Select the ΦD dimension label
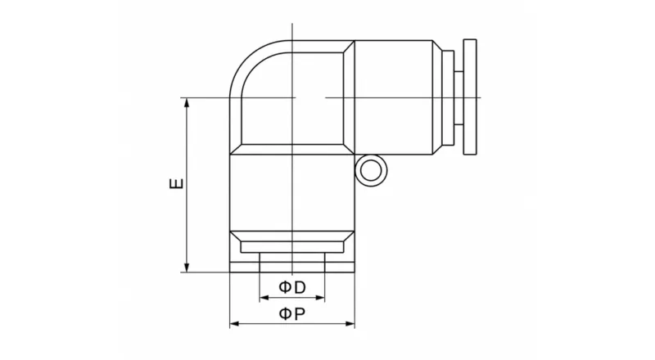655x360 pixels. coord(292,287)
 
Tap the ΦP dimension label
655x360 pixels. coord(292,313)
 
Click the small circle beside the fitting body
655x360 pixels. coord(371,171)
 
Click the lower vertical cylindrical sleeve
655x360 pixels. coord(292,192)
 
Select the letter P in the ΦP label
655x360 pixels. coord(300,313)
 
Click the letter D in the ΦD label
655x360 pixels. coord(300,287)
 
